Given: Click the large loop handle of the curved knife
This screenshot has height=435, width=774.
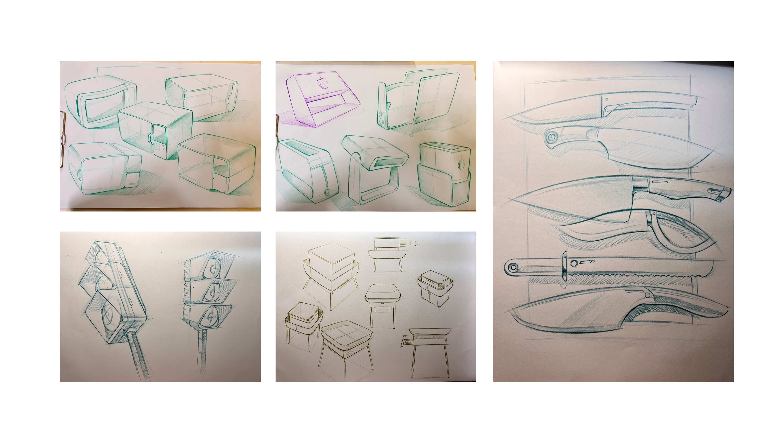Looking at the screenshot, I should click(679, 234).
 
